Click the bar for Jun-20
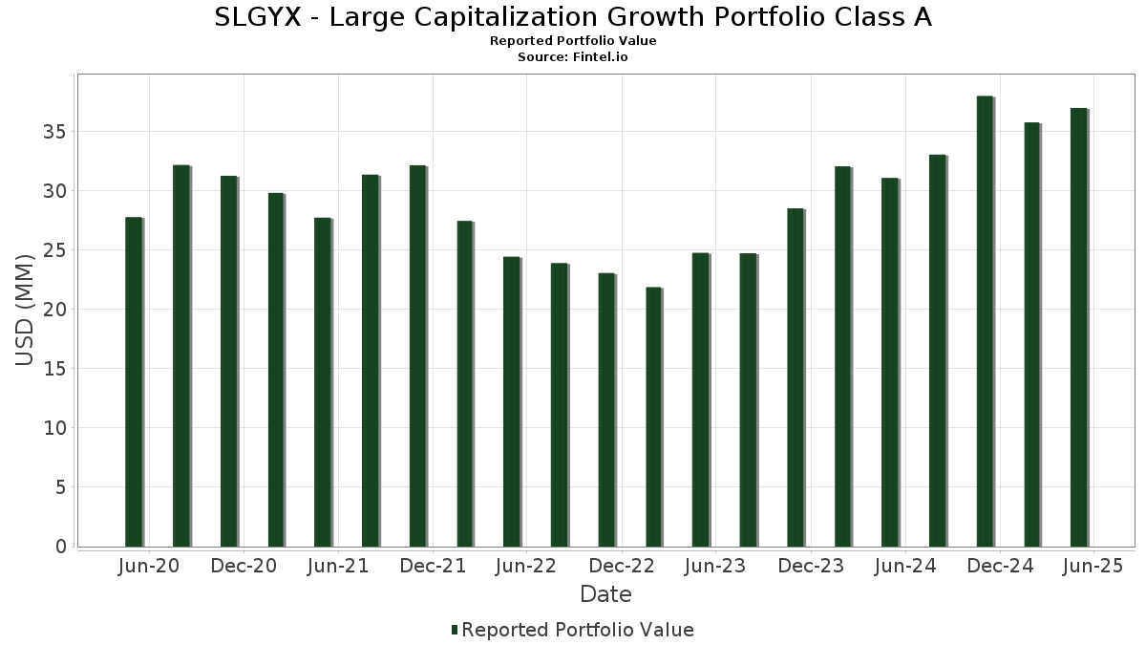point(134,382)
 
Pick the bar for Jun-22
point(512,401)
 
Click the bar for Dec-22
point(606,410)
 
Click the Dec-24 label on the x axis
point(1000,567)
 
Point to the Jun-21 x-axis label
point(338,567)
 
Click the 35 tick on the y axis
point(54,132)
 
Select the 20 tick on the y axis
point(54,310)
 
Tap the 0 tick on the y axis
point(60,547)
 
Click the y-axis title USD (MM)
point(26,310)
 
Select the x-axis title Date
point(605,594)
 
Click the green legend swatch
point(455,630)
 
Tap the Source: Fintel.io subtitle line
point(572,57)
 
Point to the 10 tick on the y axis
point(54,428)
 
